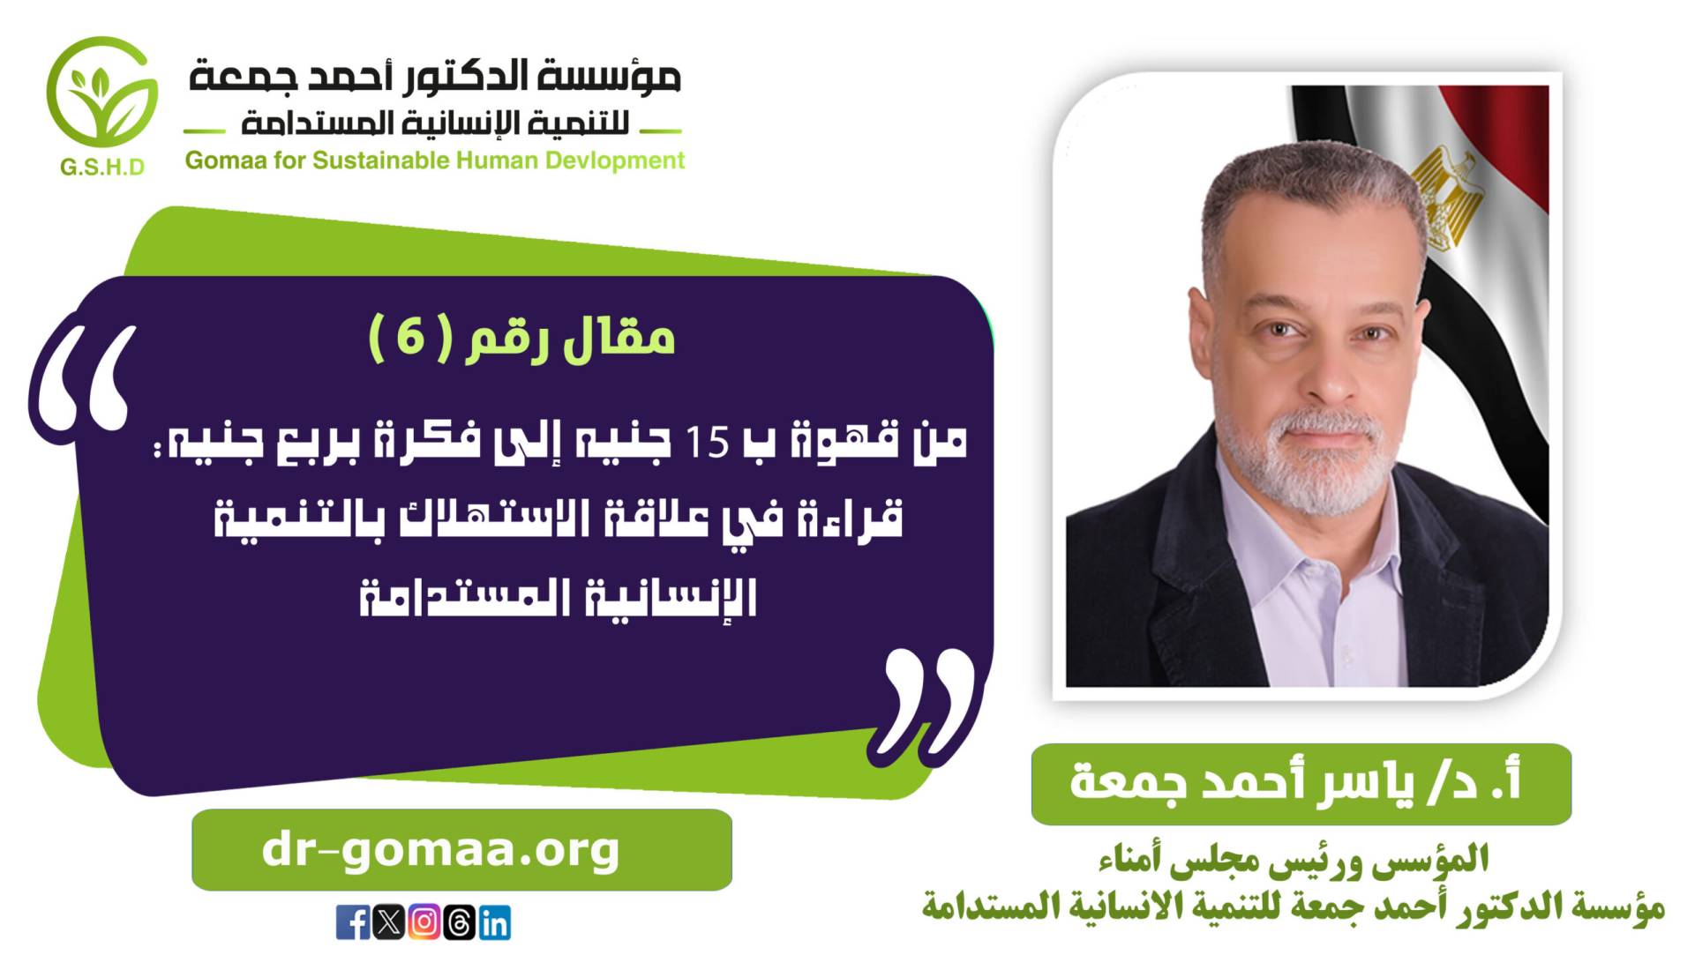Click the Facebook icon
[x=353, y=922]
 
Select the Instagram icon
[x=424, y=922]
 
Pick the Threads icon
[x=460, y=922]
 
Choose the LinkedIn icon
[x=495, y=922]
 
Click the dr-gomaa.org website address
[x=441, y=850]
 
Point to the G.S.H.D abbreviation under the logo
[x=102, y=167]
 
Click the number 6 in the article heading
[x=410, y=336]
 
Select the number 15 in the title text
[x=707, y=443]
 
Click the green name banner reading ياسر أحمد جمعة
[x=1301, y=784]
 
